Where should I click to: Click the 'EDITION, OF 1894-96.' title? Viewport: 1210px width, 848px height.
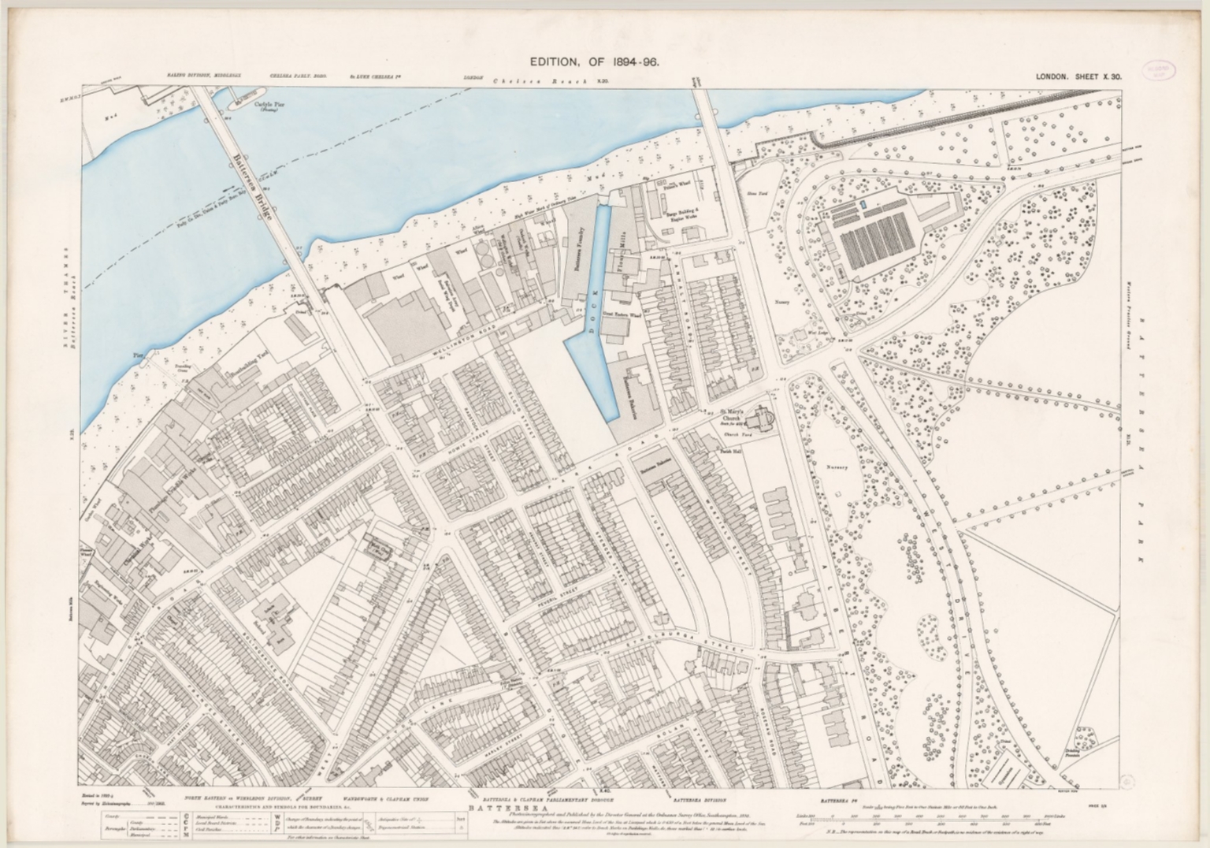click(x=594, y=62)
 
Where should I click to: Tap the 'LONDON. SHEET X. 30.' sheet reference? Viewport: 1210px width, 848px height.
click(x=1078, y=76)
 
